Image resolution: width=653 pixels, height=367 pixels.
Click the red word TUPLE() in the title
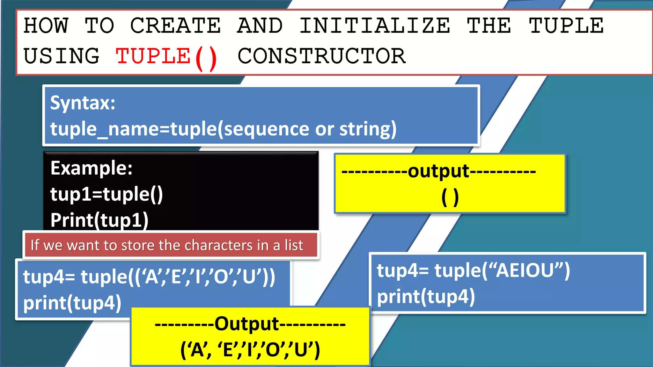click(x=166, y=57)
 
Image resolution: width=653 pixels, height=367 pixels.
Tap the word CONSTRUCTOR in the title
click(x=321, y=56)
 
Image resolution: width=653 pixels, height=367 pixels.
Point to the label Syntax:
click(x=83, y=103)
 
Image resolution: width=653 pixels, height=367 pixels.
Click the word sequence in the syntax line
click(x=267, y=129)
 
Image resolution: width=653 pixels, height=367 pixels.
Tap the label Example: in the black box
click(x=92, y=168)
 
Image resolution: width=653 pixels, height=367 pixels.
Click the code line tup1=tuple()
click(x=106, y=194)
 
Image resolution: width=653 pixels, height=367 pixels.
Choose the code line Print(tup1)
click(x=99, y=220)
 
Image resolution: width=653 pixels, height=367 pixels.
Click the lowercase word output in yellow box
click(x=438, y=171)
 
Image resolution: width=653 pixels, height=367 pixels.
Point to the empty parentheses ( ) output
click(x=450, y=197)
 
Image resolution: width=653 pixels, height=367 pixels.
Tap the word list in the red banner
click(x=294, y=245)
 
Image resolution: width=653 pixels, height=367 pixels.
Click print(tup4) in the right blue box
click(x=426, y=297)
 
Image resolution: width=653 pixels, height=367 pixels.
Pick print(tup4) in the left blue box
click(x=72, y=303)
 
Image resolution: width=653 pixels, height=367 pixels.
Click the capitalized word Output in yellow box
click(x=247, y=324)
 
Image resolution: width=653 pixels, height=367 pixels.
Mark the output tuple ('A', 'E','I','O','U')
click(x=250, y=350)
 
